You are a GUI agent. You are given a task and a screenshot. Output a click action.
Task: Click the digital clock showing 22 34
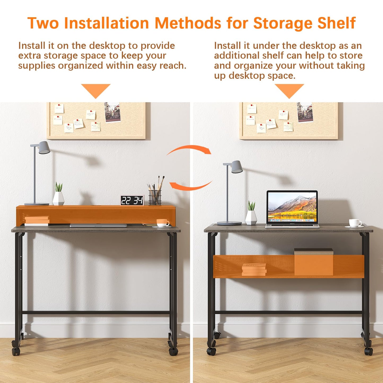132,200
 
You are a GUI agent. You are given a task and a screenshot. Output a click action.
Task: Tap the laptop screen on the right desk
292,207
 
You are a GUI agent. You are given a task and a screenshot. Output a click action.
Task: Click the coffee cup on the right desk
355,223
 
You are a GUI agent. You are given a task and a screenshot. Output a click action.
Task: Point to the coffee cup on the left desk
163,223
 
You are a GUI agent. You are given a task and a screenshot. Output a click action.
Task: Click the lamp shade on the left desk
44,147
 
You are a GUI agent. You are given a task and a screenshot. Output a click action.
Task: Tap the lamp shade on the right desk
237,166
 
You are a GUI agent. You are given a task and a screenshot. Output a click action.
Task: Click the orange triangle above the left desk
96,91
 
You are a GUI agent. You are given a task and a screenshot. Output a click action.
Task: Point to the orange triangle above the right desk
289,91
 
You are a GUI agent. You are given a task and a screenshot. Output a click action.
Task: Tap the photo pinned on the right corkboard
305,112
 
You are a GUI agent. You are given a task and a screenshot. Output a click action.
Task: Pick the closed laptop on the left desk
98,225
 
